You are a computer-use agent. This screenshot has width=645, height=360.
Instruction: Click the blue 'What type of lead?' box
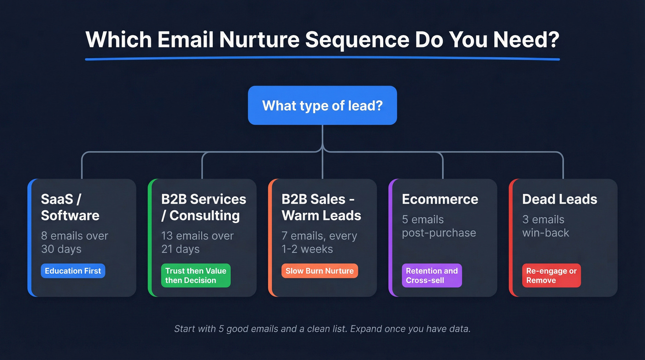[x=322, y=105]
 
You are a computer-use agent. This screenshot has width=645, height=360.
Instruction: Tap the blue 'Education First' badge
[x=73, y=271]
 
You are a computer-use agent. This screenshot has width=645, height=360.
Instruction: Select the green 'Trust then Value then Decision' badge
[x=196, y=275]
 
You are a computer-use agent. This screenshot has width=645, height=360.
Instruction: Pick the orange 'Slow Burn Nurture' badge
[x=319, y=271]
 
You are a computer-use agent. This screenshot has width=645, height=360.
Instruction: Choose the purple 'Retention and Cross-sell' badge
[x=432, y=275]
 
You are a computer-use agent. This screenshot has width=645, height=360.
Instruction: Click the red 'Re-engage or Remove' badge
[x=551, y=275]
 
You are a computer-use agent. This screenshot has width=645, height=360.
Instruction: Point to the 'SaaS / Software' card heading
[x=70, y=207]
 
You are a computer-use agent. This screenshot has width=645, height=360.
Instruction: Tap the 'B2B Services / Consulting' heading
[x=203, y=207]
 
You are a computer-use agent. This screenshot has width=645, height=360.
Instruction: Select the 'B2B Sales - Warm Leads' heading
[x=321, y=207]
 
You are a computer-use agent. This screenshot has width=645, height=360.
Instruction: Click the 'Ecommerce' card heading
[x=440, y=199]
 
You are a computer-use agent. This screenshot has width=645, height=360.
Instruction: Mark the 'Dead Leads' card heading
[x=559, y=199]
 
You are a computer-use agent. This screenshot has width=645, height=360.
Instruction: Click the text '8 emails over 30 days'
[x=75, y=242]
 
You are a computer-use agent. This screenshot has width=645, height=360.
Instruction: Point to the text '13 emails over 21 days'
[x=197, y=242]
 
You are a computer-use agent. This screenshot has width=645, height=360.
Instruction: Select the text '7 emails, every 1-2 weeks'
[x=319, y=242]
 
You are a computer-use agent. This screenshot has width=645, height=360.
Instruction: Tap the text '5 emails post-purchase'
[x=439, y=226]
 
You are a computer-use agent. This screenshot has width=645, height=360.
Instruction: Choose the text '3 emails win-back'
[x=545, y=226]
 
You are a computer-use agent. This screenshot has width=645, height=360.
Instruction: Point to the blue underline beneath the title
[x=322, y=59]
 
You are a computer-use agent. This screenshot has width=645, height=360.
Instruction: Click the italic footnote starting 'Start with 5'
[x=322, y=329]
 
